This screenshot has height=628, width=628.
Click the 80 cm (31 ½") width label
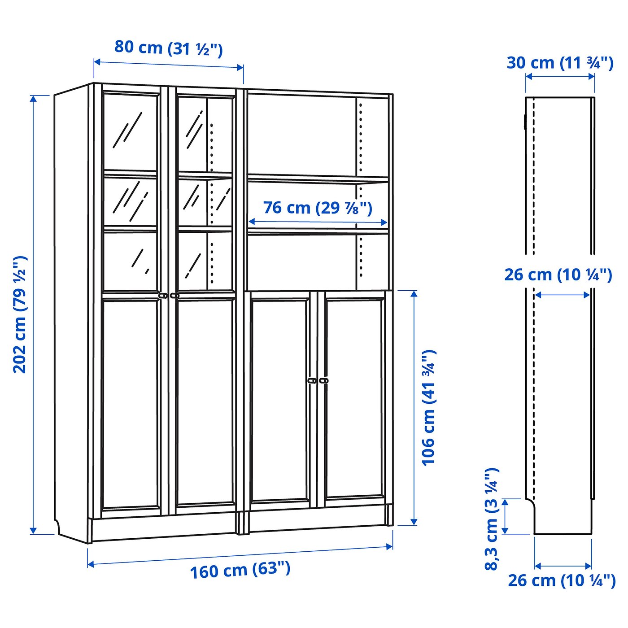(168, 48)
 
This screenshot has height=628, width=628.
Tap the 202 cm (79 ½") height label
(20, 314)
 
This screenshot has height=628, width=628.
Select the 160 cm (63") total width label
(240, 570)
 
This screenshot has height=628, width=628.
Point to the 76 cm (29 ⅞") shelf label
(318, 208)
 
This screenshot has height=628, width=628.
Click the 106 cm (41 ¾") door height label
(429, 407)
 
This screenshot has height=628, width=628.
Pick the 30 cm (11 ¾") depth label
(560, 63)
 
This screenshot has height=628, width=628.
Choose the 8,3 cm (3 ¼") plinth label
(492, 519)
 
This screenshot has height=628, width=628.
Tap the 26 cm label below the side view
(562, 580)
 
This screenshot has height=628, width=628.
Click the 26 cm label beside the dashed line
(558, 275)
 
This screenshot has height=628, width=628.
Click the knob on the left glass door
(163, 296)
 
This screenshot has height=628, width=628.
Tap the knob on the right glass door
(174, 296)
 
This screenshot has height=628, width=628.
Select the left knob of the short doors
(312, 380)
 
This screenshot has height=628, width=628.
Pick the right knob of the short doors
(323, 380)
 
